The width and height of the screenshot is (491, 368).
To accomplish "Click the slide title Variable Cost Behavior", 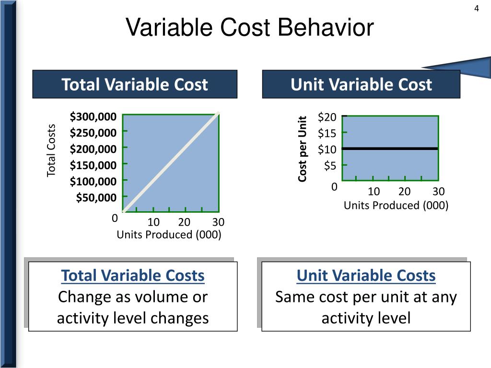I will tap(249, 27).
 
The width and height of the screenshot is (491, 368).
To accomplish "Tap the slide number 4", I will tap(477, 8).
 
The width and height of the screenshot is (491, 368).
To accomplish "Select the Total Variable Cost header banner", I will tap(135, 85).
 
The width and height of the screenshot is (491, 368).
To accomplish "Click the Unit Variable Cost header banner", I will tap(361, 85).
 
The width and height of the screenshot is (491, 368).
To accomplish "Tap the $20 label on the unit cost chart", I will tap(327, 117).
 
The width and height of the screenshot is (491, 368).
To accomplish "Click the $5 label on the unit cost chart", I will tap(330, 166).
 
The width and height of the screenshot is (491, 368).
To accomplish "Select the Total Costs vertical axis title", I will tap(51, 150).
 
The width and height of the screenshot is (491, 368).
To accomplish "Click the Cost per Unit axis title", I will tap(303, 149).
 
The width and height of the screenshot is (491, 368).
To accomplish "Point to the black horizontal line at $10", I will tap(390, 149).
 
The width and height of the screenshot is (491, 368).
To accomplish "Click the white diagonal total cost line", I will tap(171, 163).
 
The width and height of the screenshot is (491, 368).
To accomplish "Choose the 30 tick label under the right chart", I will tap(439, 192).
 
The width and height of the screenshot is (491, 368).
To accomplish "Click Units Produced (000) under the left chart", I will tap(169, 235).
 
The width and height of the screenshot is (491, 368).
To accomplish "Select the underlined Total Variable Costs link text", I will tap(133, 276).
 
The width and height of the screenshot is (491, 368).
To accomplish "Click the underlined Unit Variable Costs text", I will tap(366, 276).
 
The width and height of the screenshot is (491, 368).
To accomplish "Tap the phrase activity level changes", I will tap(133, 318).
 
